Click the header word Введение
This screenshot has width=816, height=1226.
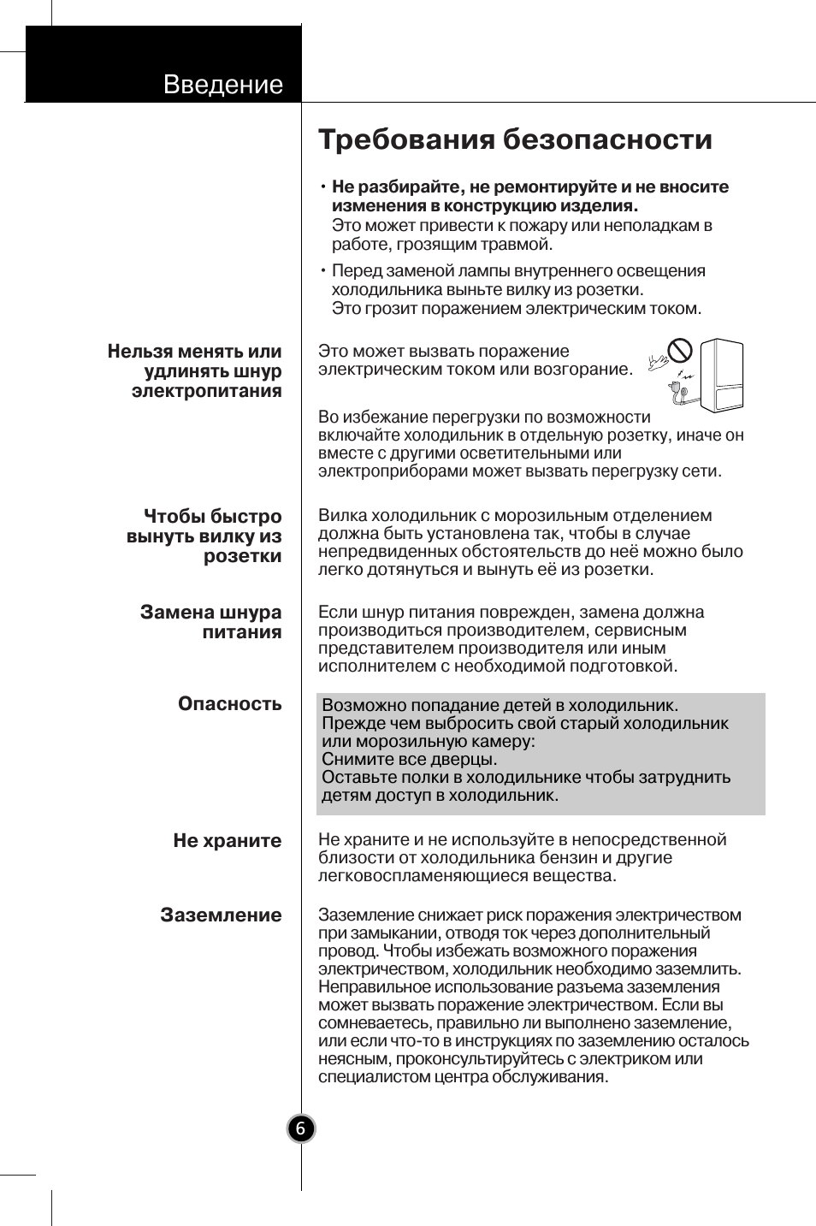(x=222, y=85)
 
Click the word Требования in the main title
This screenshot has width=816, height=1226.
(x=405, y=139)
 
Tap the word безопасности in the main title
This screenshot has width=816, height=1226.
(x=606, y=139)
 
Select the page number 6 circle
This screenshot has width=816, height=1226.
(x=300, y=1128)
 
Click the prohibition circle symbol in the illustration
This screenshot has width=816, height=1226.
(x=680, y=350)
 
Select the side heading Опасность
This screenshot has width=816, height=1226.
(x=229, y=703)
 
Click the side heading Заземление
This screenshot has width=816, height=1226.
(x=221, y=915)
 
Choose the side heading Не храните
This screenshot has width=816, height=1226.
(x=227, y=840)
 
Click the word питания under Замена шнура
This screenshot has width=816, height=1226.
(x=241, y=632)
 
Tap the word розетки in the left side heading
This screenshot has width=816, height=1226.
(x=242, y=556)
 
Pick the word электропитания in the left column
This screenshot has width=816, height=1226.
(x=206, y=391)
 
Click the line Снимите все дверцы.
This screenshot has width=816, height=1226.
(x=409, y=759)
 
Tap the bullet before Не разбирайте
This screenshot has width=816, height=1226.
(x=324, y=187)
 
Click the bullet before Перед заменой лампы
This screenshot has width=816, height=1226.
(x=324, y=271)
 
